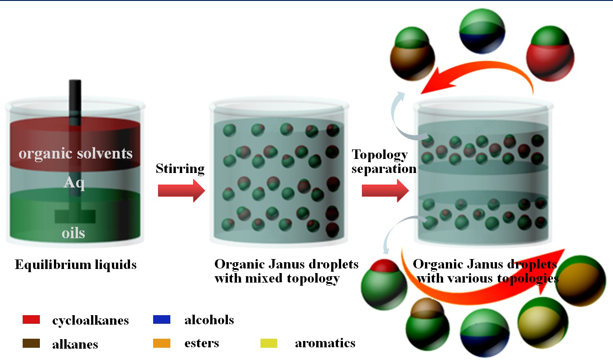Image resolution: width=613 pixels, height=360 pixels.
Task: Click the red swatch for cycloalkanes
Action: tap(31, 320)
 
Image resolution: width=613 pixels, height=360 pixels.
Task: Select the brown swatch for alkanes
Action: tap(31, 344)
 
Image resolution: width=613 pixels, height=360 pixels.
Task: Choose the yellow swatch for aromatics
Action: tap(269, 343)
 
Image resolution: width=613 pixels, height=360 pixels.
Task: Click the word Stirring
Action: tap(180, 169)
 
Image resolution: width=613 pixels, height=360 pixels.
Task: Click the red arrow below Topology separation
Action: tap(385, 191)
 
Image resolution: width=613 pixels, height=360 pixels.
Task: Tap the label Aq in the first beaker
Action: tap(74, 182)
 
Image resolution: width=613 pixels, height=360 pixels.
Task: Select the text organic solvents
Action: tap(76, 153)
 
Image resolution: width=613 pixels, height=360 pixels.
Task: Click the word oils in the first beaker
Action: tap(73, 233)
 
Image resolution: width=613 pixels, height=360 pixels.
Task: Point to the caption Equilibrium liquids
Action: tap(76, 264)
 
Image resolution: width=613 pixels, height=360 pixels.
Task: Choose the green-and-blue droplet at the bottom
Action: tap(482, 331)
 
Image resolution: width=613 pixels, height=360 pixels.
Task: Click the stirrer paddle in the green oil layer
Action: tap(75, 216)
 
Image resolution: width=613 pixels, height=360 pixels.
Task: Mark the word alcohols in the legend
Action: tap(209, 320)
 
